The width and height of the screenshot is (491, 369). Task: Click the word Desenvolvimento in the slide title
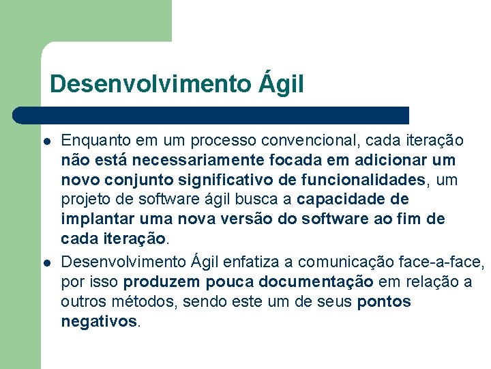tap(150, 84)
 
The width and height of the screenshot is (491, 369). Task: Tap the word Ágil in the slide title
tap(281, 84)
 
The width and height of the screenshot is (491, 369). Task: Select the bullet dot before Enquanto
tap(46, 141)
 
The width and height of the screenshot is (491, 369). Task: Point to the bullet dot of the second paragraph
tap(46, 262)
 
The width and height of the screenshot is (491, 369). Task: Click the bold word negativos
tap(99, 321)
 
